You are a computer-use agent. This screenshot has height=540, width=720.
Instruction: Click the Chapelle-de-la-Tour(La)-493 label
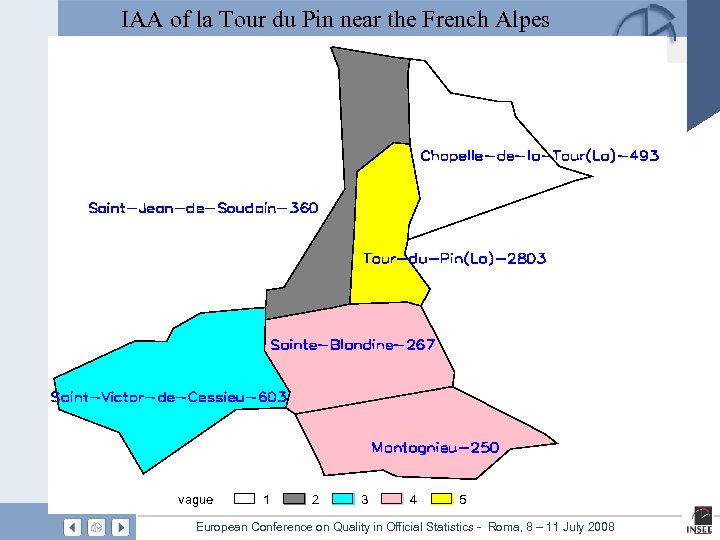(x=539, y=156)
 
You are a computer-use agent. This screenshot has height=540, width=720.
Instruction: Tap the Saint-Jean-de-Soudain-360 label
(x=203, y=208)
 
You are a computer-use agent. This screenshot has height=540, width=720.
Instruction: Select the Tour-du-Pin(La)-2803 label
(x=454, y=259)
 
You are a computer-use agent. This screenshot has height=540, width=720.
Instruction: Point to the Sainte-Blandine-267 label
(x=352, y=345)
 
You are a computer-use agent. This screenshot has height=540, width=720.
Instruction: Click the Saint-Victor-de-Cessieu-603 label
(x=169, y=397)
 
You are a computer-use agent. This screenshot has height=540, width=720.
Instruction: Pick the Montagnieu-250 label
(x=435, y=447)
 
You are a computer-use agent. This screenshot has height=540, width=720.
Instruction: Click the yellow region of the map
(x=386, y=230)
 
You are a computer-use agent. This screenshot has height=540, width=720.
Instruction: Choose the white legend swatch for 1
(x=245, y=498)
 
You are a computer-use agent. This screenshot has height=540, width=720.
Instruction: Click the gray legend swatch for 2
(x=294, y=498)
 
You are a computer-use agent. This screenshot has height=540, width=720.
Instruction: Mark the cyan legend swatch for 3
(x=343, y=498)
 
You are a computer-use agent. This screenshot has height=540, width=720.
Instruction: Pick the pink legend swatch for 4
(x=392, y=498)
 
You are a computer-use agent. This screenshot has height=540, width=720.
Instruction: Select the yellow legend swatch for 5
(x=441, y=498)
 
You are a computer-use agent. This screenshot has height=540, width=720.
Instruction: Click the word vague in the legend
(x=195, y=499)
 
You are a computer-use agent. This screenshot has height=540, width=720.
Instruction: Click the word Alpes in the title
(x=520, y=19)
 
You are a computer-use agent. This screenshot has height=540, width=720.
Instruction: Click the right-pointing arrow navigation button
(x=120, y=527)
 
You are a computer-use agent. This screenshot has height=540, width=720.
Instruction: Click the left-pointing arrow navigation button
(x=72, y=527)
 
